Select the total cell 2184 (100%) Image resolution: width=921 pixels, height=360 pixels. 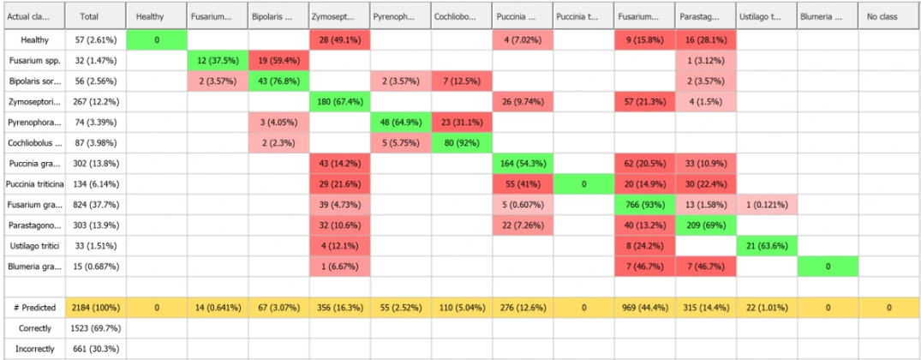coord(95,307)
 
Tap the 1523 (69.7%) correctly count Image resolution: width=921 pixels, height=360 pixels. coord(95,328)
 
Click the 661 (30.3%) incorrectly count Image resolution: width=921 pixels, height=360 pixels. coord(95,349)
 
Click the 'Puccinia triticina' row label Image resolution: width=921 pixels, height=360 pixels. coord(33,183)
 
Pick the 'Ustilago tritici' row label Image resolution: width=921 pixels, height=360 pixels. coord(33,245)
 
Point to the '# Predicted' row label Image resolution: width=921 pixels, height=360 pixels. coord(33,307)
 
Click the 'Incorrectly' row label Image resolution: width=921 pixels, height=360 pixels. coord(33,349)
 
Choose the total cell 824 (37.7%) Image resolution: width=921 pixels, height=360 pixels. coord(95,205)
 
